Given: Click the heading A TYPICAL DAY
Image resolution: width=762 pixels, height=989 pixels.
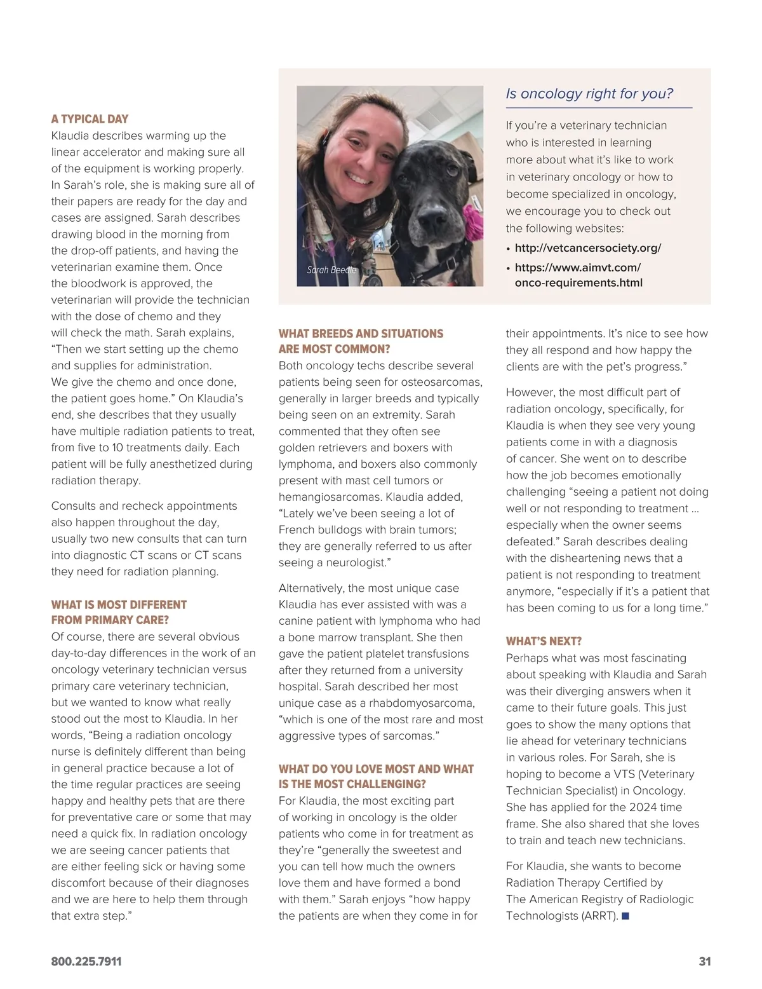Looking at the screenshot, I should [x=90, y=119].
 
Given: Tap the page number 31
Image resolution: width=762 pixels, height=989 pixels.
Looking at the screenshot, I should [x=704, y=962].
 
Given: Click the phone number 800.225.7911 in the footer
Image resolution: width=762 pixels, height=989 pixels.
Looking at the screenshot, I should [x=86, y=962].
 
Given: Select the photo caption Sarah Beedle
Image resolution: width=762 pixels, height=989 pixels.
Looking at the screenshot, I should [x=331, y=270].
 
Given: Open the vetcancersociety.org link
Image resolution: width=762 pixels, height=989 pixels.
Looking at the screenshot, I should [x=587, y=248].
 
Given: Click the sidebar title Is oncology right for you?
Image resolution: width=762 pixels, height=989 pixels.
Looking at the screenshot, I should [x=589, y=93].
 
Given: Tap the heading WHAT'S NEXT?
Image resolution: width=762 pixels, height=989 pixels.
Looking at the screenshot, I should [x=544, y=641].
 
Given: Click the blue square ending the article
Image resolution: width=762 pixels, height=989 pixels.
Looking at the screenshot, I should [x=625, y=916].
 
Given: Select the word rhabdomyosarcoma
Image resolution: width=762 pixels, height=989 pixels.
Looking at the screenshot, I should [x=422, y=703].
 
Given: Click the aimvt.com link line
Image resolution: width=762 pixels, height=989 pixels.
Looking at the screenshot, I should [x=577, y=268].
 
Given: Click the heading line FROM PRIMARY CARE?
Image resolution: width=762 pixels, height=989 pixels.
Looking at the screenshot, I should [x=110, y=620].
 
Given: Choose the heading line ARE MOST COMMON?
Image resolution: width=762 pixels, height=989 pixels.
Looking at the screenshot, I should [x=334, y=349].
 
